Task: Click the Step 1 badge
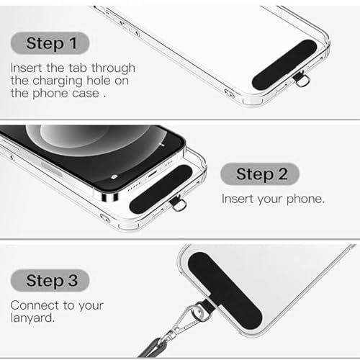pos(51,43)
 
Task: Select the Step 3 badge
pos(51,280)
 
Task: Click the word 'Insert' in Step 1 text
pos(26,67)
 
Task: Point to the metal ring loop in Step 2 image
pos(179,204)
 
